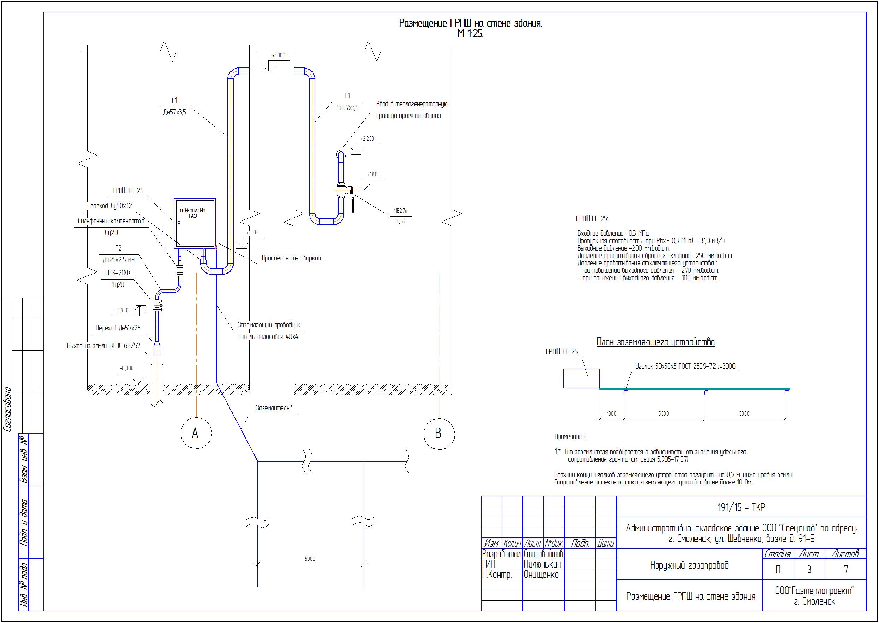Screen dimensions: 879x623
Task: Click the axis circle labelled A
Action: (x=181, y=433)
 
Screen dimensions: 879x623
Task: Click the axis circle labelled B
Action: (x=424, y=434)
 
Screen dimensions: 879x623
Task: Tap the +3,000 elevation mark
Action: (x=279, y=55)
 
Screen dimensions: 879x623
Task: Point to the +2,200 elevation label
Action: (x=367, y=139)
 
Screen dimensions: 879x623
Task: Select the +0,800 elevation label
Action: (x=122, y=310)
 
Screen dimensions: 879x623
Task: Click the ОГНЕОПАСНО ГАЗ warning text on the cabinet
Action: (x=193, y=213)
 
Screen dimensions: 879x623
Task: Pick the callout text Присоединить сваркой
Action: (x=291, y=258)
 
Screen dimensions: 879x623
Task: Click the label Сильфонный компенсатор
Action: (x=111, y=221)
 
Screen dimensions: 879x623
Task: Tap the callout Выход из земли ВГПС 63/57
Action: (x=104, y=346)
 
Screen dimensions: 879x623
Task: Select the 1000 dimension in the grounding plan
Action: (x=611, y=413)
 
